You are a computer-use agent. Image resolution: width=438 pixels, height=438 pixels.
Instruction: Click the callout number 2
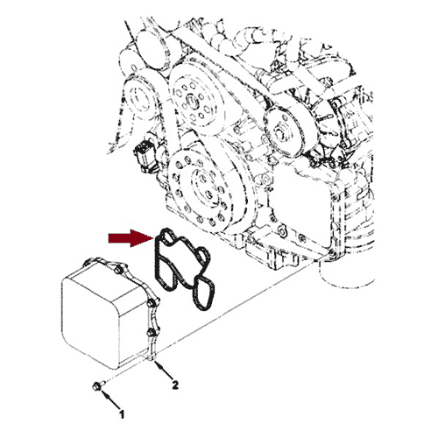click(x=174, y=385)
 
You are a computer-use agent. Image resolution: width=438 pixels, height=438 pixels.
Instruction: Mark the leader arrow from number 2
click(x=164, y=371)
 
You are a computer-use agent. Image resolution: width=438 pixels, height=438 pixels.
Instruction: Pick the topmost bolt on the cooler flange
click(x=118, y=271)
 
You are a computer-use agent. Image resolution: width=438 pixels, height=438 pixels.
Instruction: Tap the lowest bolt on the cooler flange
click(x=150, y=332)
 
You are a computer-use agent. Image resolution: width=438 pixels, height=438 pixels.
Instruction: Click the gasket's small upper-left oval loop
click(x=167, y=237)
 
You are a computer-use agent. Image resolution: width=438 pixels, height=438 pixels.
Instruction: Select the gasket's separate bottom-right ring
click(x=203, y=293)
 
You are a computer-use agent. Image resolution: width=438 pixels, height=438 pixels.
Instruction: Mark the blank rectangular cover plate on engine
click(x=300, y=204)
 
